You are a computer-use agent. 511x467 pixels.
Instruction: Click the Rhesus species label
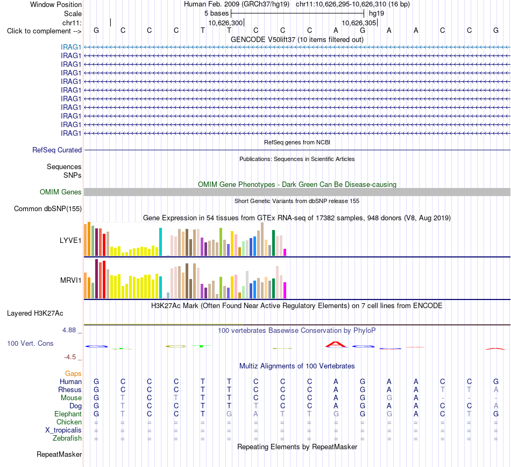(x=70, y=389)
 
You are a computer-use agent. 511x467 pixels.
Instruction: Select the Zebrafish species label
(x=67, y=438)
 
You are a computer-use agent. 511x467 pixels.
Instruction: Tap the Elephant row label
(x=68, y=414)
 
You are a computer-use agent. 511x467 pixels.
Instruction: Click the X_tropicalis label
(x=63, y=430)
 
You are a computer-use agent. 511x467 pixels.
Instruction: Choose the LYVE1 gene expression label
(x=70, y=241)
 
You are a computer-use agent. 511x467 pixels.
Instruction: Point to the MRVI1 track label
(x=70, y=280)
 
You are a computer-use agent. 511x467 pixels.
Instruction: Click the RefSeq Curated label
(x=57, y=150)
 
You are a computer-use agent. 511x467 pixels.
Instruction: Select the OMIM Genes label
(x=61, y=192)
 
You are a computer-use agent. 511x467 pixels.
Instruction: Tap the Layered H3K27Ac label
(x=35, y=313)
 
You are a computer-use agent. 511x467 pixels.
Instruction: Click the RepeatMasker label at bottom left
(x=59, y=454)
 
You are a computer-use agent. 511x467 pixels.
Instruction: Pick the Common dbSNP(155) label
(x=48, y=209)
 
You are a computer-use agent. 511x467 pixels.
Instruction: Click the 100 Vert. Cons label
(x=30, y=343)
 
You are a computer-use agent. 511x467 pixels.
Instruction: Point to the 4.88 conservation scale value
(x=69, y=330)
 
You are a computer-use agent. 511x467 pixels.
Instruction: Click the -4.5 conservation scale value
(x=70, y=357)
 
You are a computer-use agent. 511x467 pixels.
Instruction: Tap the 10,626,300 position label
(x=225, y=23)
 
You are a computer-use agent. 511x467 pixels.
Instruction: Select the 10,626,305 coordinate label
(x=359, y=23)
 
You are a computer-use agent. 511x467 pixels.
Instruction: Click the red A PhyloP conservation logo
(x=336, y=344)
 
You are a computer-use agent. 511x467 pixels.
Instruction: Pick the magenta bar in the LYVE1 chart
(x=285, y=252)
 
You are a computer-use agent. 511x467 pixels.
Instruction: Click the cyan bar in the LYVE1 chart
(x=160, y=242)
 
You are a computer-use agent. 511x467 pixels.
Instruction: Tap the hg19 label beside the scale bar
(x=377, y=13)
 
